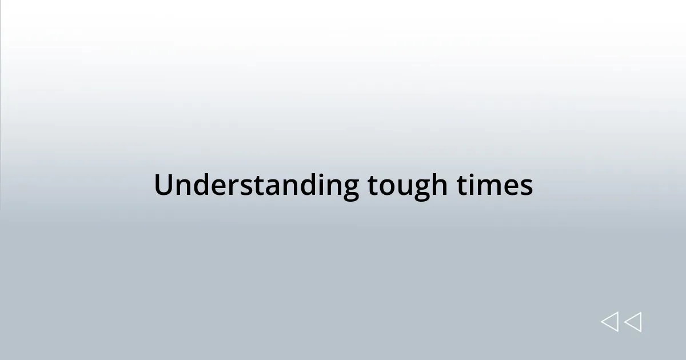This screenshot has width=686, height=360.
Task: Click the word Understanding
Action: pos(256,186)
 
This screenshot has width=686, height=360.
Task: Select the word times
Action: pos(495,186)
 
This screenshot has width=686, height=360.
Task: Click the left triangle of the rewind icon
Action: pos(609,322)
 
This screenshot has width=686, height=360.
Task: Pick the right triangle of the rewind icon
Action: pos(633,322)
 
